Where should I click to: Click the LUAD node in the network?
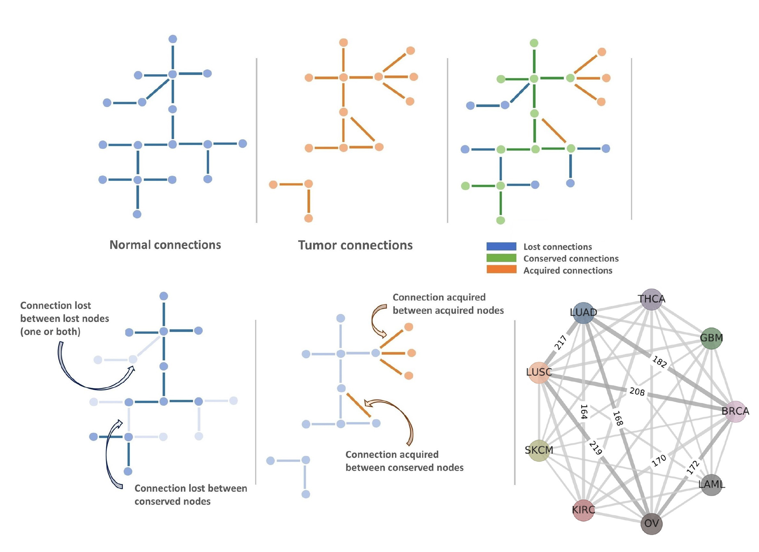click(x=583, y=313)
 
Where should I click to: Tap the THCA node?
click(x=651, y=299)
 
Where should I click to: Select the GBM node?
click(x=711, y=338)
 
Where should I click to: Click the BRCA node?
click(x=735, y=411)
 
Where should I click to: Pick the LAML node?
click(x=711, y=484)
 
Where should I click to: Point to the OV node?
click(x=651, y=523)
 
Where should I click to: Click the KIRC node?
click(x=583, y=510)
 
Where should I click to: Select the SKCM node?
click(x=539, y=450)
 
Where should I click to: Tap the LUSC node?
click(x=539, y=372)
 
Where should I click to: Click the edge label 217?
click(x=560, y=343)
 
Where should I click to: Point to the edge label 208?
click(x=637, y=392)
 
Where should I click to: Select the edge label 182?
click(x=659, y=362)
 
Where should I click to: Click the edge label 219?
click(x=595, y=448)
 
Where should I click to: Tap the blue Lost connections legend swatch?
click(x=501, y=246)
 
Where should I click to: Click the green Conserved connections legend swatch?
click(x=501, y=258)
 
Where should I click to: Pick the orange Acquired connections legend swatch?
click(x=501, y=270)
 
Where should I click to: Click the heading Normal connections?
click(x=165, y=245)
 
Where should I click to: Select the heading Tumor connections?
click(x=355, y=245)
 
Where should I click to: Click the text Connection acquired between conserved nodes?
click(x=404, y=461)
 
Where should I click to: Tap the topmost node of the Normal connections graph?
click(x=172, y=39)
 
